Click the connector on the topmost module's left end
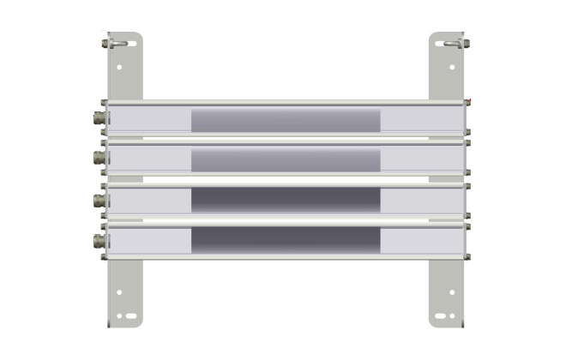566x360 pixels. click(x=100, y=118)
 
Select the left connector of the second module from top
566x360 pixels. click(x=100, y=159)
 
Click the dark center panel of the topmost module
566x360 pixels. click(x=286, y=120)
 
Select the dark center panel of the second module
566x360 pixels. click(x=286, y=159)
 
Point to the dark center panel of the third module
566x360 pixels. click(x=286, y=201)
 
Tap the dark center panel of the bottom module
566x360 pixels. click(x=286, y=241)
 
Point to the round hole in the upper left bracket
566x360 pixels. click(x=119, y=67)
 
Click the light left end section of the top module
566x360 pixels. click(x=150, y=119)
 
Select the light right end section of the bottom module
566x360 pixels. click(x=422, y=241)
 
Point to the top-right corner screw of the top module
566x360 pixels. click(x=467, y=103)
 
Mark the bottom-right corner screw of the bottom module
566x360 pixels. click(x=467, y=255)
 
